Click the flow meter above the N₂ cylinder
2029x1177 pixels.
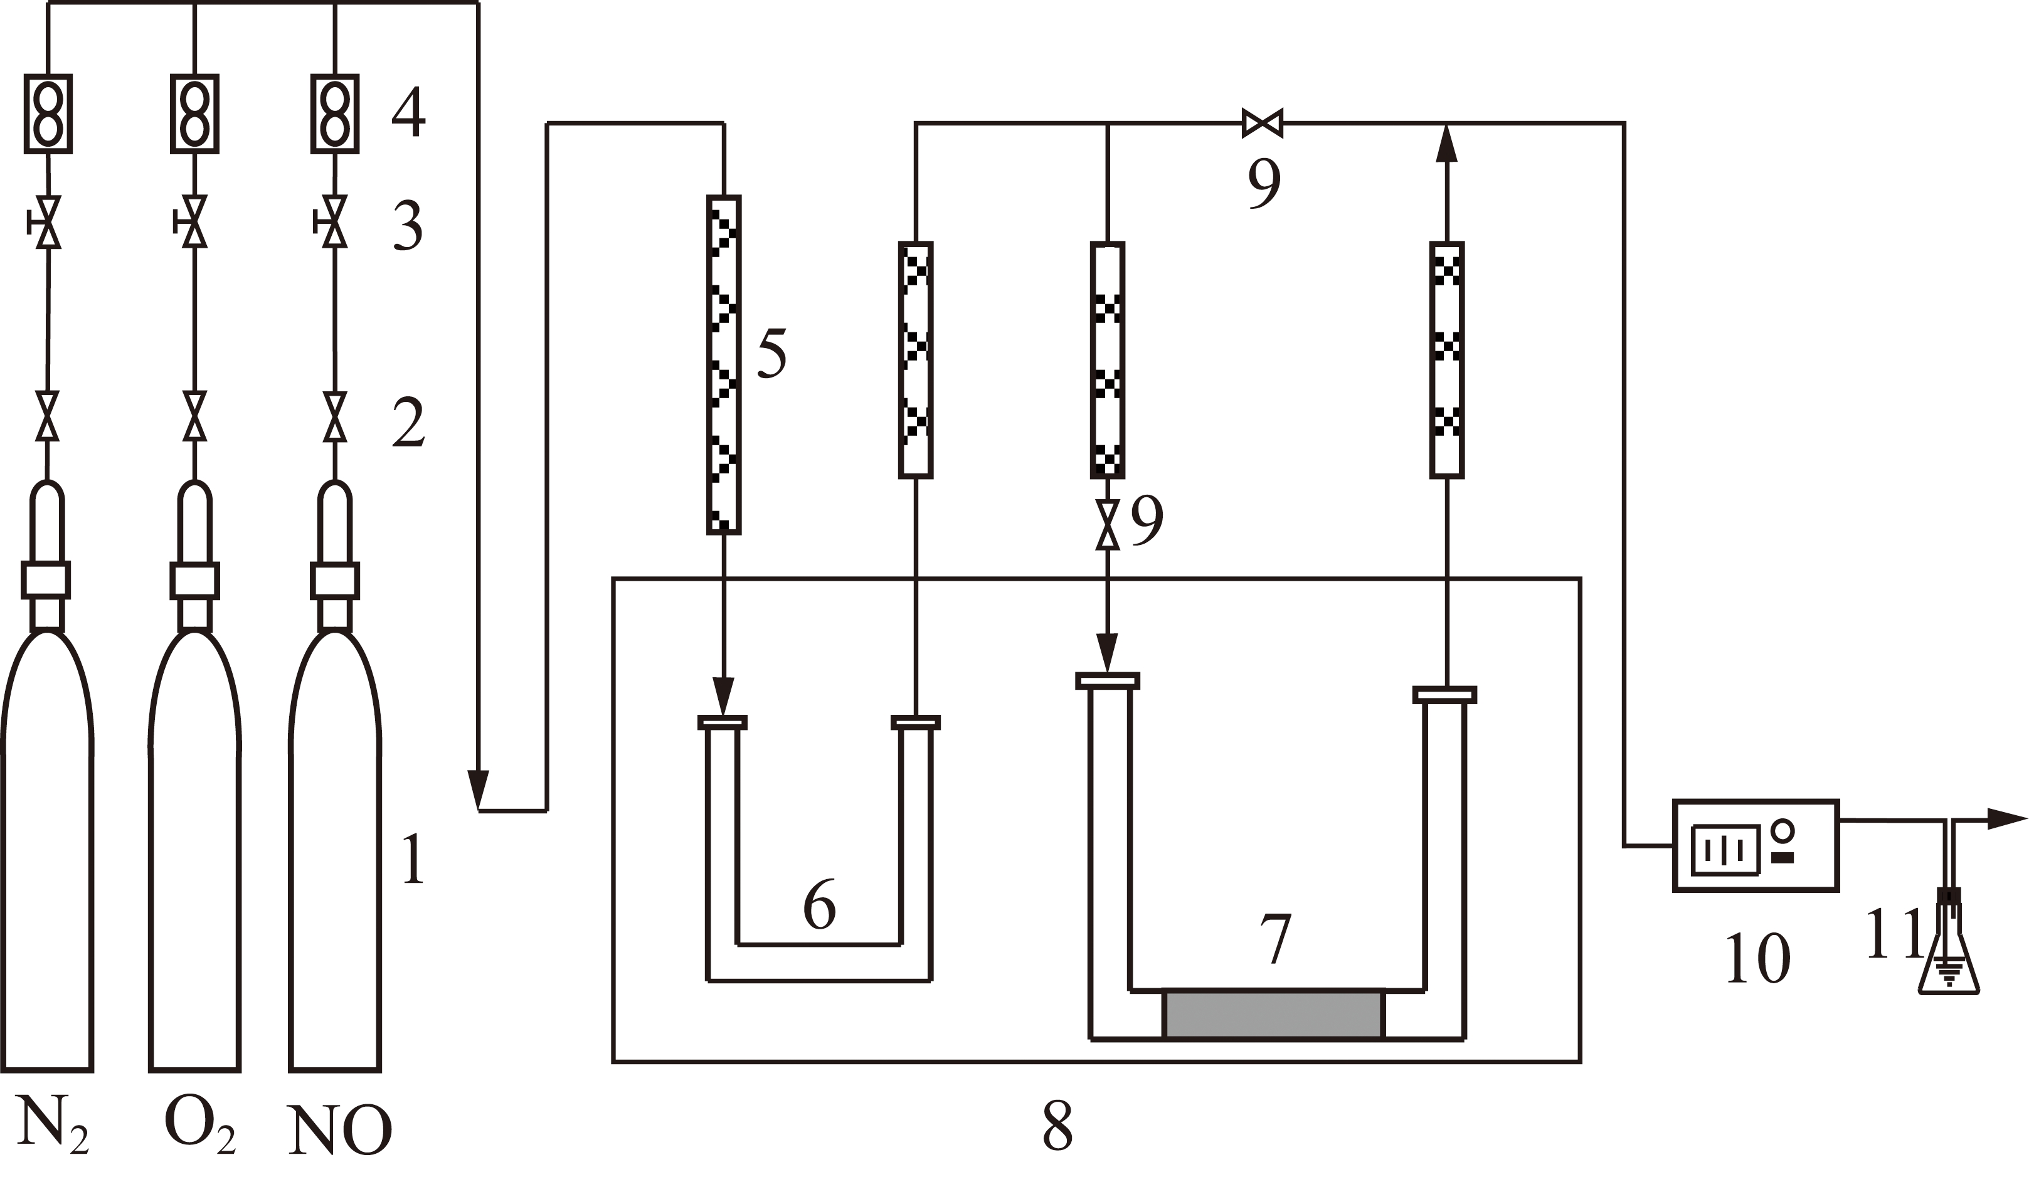coord(48,113)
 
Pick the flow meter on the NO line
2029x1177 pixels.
coord(335,113)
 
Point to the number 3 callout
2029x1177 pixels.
coord(408,226)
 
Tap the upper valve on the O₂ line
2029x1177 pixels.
coord(193,221)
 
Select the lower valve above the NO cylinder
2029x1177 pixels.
coord(335,417)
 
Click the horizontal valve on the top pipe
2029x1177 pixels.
coord(1262,123)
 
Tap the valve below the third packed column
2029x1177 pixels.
coord(1108,524)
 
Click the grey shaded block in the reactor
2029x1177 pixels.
coord(1274,1015)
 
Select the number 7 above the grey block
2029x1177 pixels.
coord(1275,939)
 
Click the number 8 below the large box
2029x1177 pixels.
coord(1057,1124)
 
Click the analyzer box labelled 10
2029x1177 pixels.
coord(1756,845)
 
